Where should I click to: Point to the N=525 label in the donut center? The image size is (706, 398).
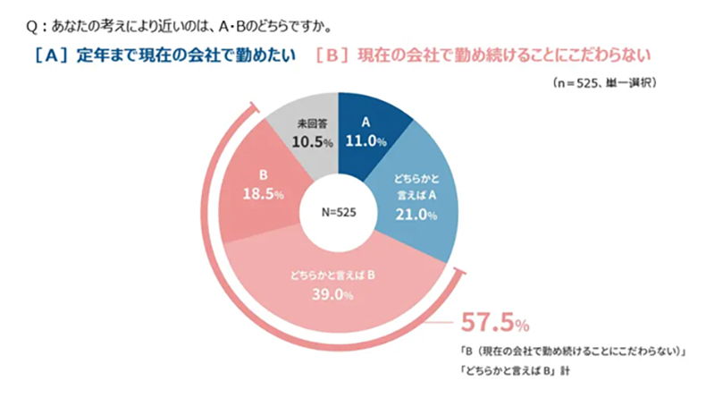[340, 212]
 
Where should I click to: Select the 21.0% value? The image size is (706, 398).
[416, 215]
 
